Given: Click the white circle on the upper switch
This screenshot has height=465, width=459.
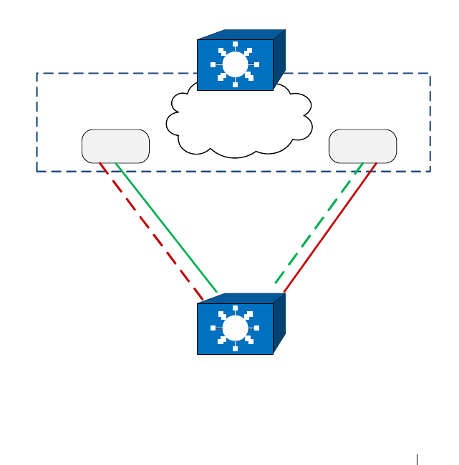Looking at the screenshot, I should pos(235,64).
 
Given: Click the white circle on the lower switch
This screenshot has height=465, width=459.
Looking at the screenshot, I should pos(235,328).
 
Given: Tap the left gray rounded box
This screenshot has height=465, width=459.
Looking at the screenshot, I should pos(115,146).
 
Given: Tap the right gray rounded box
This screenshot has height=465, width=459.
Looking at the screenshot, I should pos(362,146).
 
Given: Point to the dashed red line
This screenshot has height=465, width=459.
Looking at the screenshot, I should pos(150,230).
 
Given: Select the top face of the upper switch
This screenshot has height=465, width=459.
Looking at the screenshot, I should pos(242,34).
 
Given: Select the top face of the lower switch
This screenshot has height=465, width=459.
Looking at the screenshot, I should pos(242,298).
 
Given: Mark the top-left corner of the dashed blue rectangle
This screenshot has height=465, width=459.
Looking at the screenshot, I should pos(37,73).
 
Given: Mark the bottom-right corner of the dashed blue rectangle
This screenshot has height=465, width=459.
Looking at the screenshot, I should pos(430,171).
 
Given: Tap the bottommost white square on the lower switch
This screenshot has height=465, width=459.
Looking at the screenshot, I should pos(235,348).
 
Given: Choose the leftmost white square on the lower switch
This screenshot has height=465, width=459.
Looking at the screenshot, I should pos(213,328).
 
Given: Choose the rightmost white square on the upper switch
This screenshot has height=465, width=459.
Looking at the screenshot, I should pos(256,64).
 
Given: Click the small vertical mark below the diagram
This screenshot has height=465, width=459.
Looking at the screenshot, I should pos(417,459).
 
